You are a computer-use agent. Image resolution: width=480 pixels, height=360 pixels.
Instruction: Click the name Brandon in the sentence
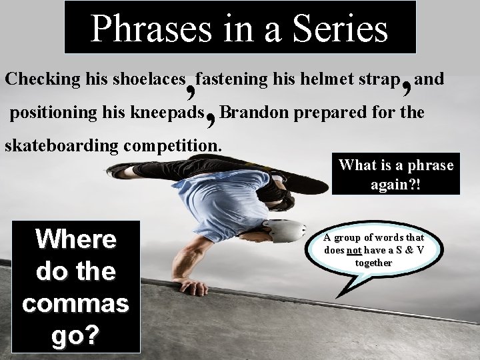[251, 112]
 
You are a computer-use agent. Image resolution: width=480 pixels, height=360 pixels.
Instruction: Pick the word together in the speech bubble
[373, 263]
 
